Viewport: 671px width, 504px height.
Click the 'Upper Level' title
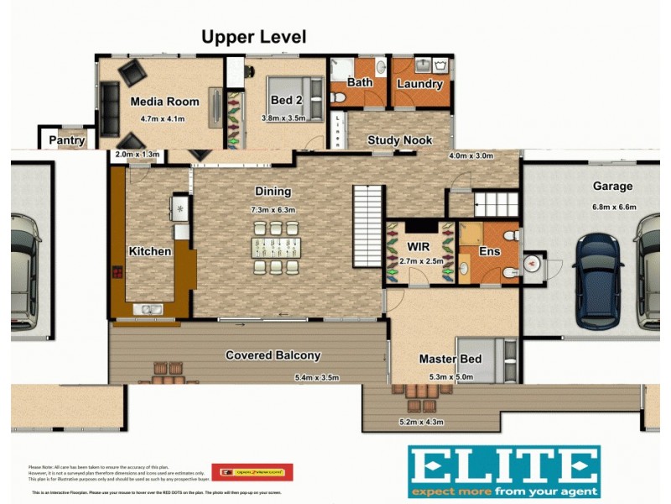click(x=253, y=37)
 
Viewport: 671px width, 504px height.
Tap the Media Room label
click(x=164, y=102)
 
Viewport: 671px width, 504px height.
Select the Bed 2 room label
click(x=286, y=100)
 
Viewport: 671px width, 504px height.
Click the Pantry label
click(x=65, y=140)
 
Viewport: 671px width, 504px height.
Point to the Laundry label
click(x=419, y=84)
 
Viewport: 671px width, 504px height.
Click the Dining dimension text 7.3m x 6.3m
click(x=273, y=209)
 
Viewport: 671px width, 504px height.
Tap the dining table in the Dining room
click(x=274, y=247)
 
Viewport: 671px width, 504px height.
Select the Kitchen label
click(x=149, y=251)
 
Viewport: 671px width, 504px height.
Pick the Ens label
click(x=489, y=251)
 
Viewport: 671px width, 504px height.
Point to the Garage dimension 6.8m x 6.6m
click(x=613, y=207)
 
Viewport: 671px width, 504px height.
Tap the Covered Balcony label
click(x=273, y=355)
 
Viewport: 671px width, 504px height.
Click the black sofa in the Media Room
click(x=109, y=109)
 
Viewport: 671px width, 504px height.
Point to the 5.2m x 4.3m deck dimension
click(x=422, y=422)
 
